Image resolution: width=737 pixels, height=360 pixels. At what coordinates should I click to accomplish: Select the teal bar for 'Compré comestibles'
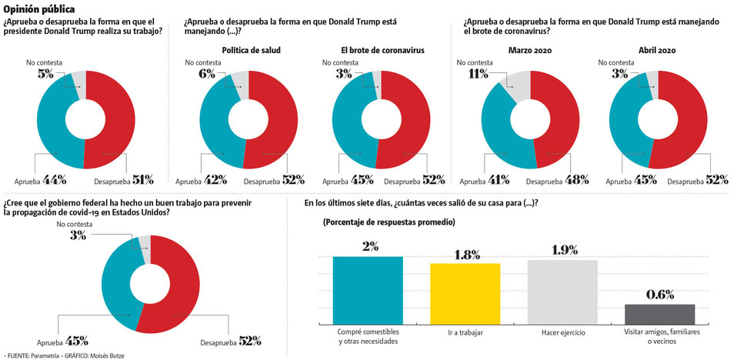pos(368,289)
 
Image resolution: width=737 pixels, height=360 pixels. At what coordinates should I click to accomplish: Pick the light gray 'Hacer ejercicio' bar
pos(562,292)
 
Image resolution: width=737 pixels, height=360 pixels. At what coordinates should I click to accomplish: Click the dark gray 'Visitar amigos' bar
pos(659,314)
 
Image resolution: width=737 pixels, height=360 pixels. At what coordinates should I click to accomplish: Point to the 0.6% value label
pos(659,295)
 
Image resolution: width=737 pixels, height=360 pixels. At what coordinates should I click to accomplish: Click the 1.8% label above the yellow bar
pos(465,254)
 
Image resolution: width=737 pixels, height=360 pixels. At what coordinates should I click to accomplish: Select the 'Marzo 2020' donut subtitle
pos(529,51)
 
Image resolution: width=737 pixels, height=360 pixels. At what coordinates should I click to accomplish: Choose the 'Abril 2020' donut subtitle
pos(657,51)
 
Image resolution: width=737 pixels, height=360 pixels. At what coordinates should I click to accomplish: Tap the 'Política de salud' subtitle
pos(251,51)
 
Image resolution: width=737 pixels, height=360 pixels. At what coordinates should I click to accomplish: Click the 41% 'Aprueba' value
pos(500,180)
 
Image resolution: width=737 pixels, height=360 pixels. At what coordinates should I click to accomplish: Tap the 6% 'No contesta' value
pos(208,74)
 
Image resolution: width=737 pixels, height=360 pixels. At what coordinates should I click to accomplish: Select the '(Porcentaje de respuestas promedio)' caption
pos(383,222)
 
